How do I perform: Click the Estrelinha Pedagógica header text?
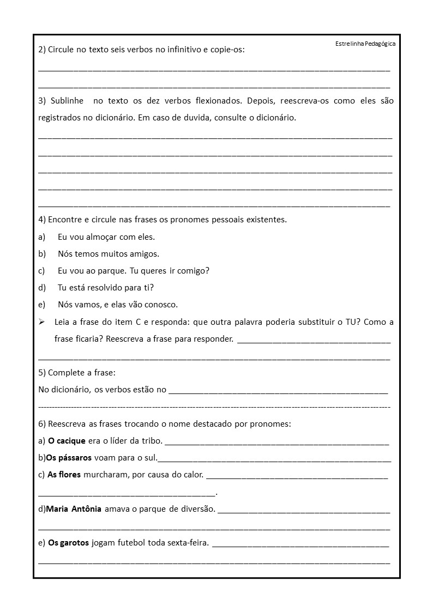(365, 44)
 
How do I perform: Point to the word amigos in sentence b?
(145, 254)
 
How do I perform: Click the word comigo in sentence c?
(195, 271)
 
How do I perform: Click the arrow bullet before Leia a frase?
(42, 322)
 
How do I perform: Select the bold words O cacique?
(67, 441)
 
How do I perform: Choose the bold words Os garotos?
(68, 543)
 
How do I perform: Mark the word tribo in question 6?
(150, 441)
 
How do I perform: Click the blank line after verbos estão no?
(278, 391)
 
